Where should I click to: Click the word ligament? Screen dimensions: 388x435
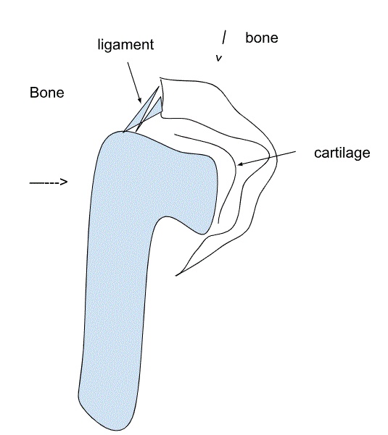125,45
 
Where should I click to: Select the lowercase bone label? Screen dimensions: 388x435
262,38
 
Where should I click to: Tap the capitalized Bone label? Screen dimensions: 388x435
46,93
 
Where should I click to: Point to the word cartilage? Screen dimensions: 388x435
342,153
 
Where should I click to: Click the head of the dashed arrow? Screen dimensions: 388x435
65,182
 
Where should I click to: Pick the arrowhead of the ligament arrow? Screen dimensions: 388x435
140,101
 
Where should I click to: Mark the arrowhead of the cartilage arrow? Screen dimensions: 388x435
240,164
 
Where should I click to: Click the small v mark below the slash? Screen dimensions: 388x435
219,58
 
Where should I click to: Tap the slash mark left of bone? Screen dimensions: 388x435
224,37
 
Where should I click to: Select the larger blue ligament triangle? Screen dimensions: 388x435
141,111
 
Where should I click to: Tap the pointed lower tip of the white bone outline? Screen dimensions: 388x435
176,275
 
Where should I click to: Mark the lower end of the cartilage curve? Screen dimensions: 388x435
218,223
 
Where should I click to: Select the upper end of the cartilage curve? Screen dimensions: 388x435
175,135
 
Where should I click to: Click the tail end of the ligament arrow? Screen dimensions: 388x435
128,63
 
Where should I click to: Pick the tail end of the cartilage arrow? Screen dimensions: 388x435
295,151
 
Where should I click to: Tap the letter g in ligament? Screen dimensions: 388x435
109,46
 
